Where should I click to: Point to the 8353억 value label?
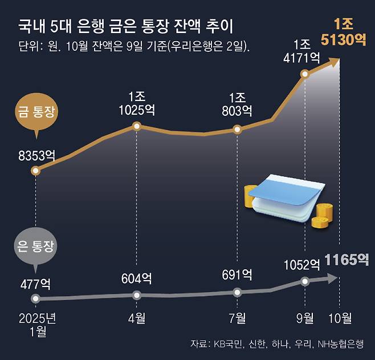(x=35, y=154)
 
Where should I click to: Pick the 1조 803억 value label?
(x=237, y=103)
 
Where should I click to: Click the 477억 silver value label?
(x=35, y=284)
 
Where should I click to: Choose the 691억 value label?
(x=237, y=274)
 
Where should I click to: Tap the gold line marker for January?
(x=36, y=171)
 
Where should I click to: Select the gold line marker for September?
(x=305, y=74)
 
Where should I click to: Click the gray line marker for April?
(x=137, y=295)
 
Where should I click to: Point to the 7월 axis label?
(x=237, y=317)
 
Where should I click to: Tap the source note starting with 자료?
(x=279, y=344)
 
